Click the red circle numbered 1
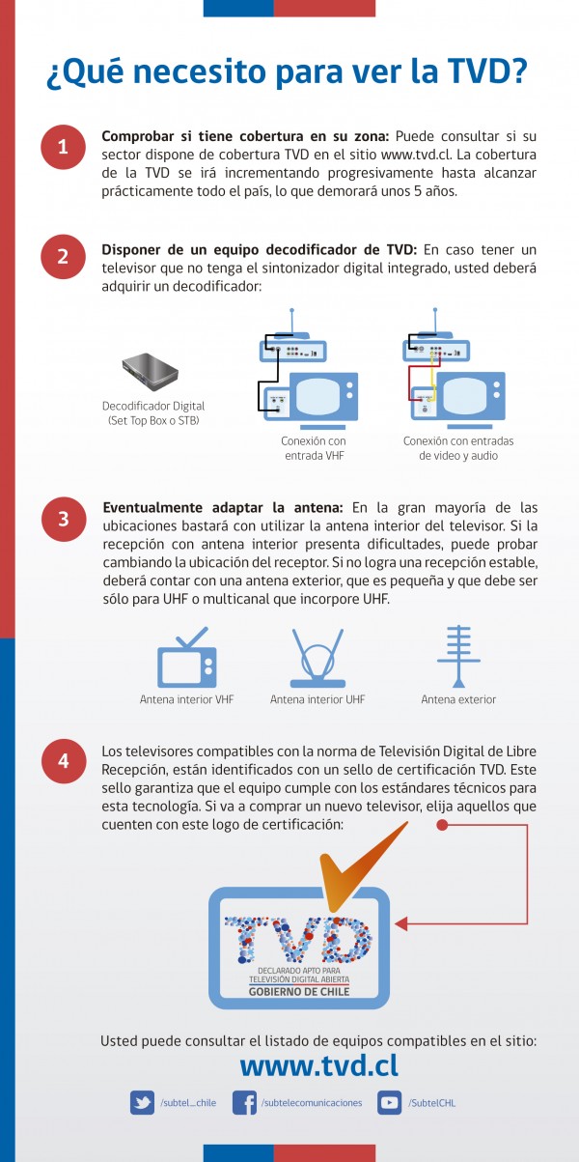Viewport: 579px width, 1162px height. (x=63, y=147)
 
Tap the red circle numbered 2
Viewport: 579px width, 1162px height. (x=63, y=257)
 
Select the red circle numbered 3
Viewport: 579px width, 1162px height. (x=63, y=519)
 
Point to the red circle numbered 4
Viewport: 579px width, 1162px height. (x=63, y=760)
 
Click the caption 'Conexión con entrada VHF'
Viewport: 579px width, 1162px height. (x=313, y=447)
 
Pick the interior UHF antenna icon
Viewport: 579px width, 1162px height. (x=317, y=657)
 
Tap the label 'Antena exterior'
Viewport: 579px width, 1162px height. (x=458, y=699)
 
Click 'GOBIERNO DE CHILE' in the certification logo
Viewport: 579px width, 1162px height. (x=298, y=992)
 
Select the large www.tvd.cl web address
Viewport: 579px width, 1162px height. (x=318, y=1065)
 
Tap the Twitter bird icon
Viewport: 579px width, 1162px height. (x=143, y=1102)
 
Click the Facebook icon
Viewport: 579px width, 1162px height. (x=245, y=1102)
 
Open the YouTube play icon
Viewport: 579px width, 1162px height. (x=389, y=1102)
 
